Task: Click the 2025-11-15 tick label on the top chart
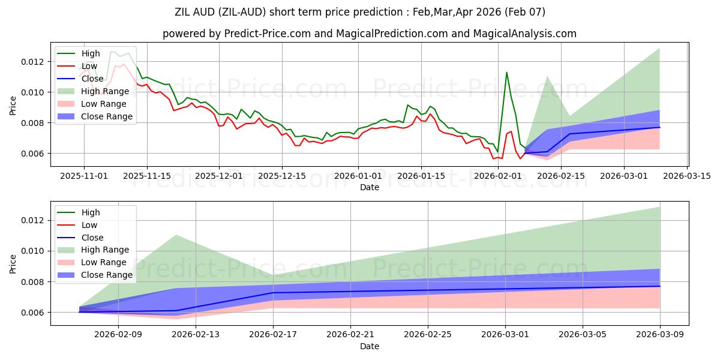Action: (x=147, y=176)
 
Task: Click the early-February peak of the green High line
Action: (x=506, y=73)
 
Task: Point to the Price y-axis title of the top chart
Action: (x=13, y=106)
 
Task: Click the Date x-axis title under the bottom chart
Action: (x=369, y=346)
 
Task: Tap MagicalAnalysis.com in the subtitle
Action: (x=526, y=34)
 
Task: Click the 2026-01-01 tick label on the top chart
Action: (x=358, y=176)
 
